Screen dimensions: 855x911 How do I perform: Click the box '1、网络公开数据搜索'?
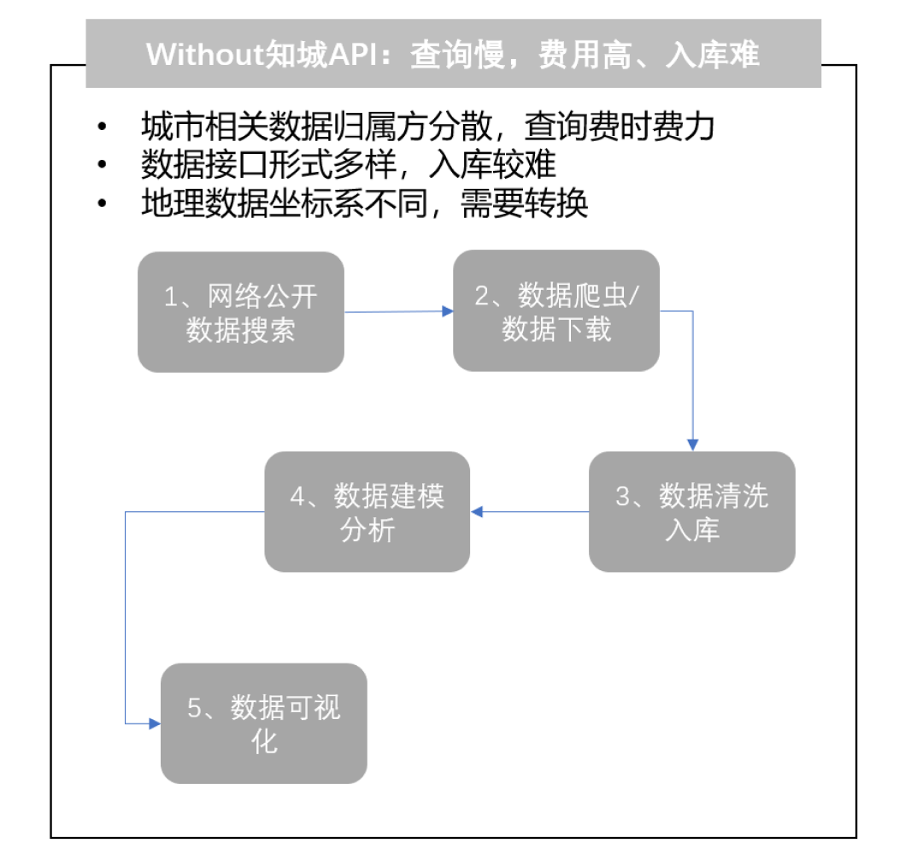241,312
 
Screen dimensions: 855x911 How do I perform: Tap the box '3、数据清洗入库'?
692,511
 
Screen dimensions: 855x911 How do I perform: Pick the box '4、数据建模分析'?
367,511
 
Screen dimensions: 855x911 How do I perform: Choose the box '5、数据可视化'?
264,722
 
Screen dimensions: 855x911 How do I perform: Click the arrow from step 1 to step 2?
398,311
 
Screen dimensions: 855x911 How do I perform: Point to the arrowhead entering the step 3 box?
693,445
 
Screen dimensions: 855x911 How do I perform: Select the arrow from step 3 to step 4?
530,512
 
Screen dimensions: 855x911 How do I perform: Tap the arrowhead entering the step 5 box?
155,724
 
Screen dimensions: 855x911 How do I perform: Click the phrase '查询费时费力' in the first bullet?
619,127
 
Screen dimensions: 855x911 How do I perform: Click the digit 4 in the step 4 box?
297,496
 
